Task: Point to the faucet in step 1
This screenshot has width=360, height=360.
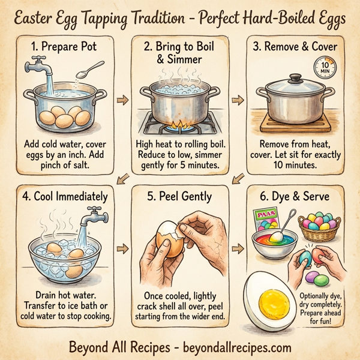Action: (37, 65)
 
